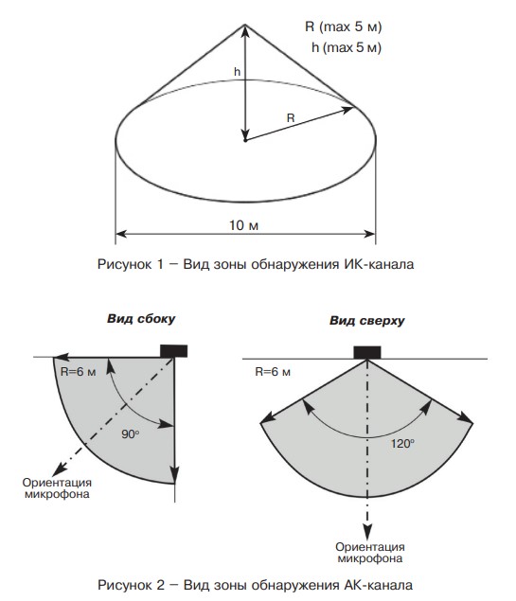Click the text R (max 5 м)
(343, 27)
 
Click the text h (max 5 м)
(347, 47)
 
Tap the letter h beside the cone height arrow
(238, 71)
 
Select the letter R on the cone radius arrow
(291, 118)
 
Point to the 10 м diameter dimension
(244, 225)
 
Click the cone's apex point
(245, 25)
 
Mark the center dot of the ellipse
(245, 140)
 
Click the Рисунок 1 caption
(256, 264)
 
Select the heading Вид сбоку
(141, 319)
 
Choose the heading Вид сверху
(366, 321)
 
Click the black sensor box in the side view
(173, 351)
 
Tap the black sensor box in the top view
(366, 353)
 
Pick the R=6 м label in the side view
(79, 372)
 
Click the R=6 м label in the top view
(273, 372)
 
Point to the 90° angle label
(131, 434)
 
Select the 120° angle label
(402, 444)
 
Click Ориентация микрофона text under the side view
(57, 488)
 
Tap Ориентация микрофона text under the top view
(370, 553)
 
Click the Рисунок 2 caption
(256, 585)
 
